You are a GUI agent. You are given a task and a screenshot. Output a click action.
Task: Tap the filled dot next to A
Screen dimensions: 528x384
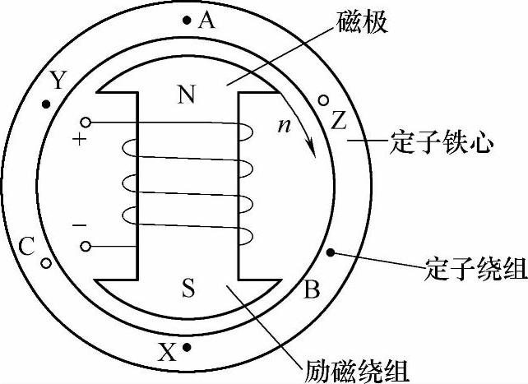pos(188,20)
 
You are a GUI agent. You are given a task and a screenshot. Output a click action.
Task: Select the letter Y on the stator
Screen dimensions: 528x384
pos(58,80)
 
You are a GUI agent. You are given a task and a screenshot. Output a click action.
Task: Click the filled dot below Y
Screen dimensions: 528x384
pos(46,104)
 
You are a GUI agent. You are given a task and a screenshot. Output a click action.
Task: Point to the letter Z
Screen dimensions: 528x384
pos(339,121)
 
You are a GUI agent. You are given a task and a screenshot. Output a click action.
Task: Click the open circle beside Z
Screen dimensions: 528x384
pos(324,101)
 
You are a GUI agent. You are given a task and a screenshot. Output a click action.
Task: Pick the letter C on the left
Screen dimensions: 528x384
pos(26,246)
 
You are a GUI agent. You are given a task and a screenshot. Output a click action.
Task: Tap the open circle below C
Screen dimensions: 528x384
pos(46,264)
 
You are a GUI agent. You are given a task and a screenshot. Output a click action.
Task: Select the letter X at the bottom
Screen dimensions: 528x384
pos(167,354)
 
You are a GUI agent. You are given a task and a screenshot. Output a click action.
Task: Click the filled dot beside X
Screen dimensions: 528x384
pos(188,349)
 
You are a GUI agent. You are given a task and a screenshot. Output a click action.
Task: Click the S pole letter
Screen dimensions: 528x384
pos(188,287)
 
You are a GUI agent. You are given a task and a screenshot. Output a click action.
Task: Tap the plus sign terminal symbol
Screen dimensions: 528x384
pos(80,140)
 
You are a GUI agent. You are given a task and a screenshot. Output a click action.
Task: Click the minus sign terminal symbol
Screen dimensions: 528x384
pos(80,224)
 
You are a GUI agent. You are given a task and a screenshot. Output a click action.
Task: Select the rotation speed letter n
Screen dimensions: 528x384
pos(284,127)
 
